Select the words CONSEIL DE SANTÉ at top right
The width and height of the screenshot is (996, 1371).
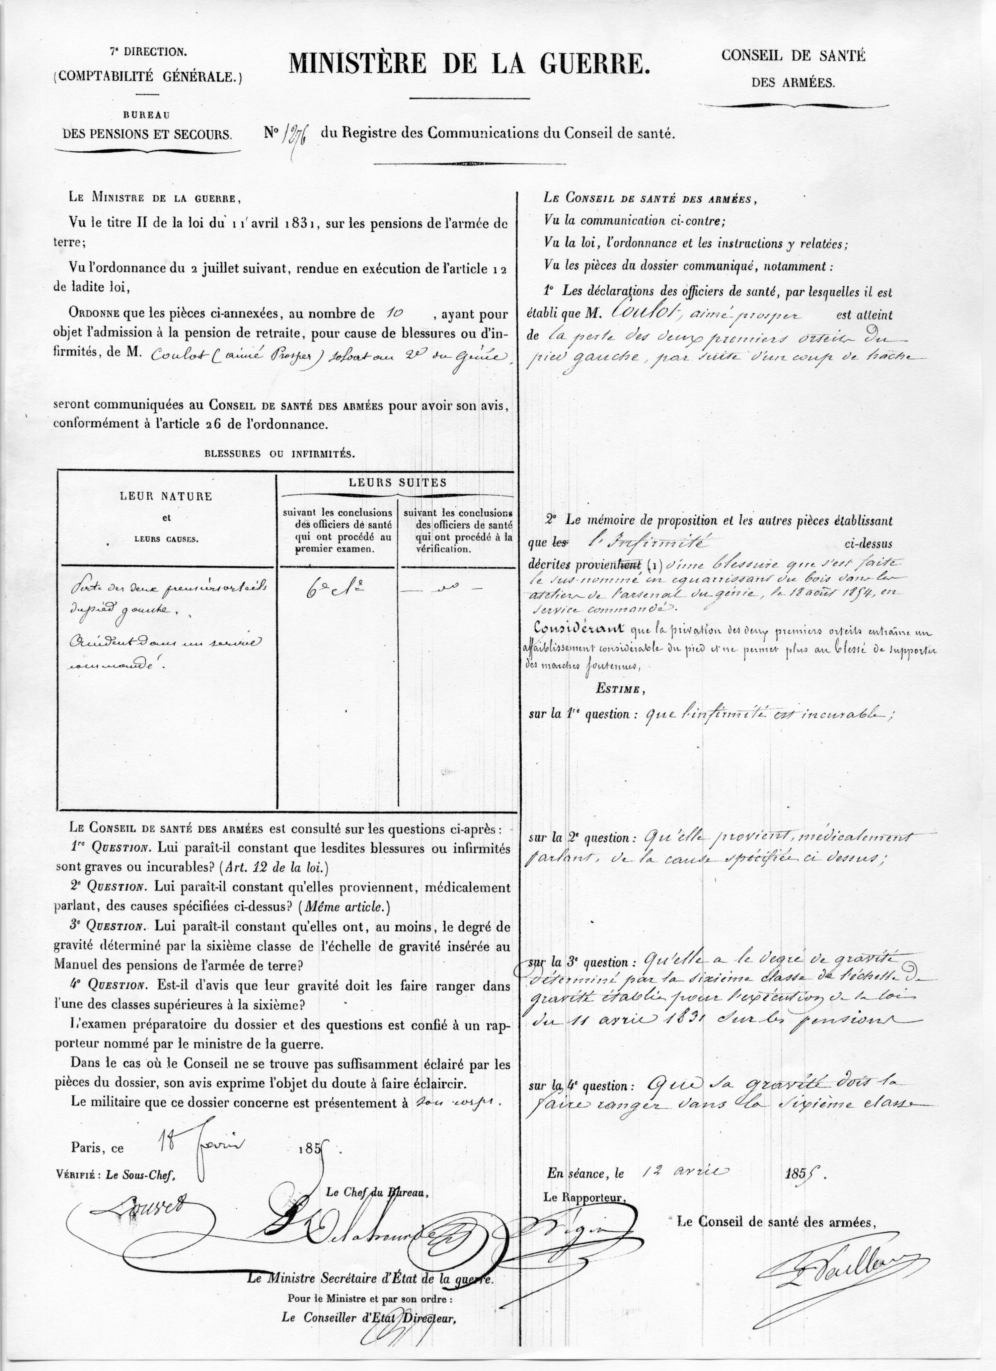pos(793,56)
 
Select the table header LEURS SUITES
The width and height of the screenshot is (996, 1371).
pos(397,482)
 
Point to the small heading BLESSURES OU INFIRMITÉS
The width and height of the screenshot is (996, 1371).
pos(279,454)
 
